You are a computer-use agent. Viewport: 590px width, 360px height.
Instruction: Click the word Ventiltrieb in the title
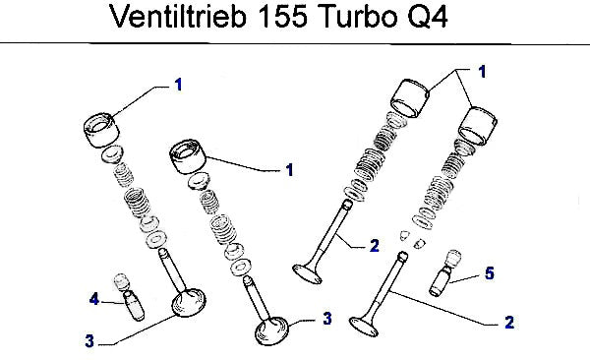[x=178, y=17]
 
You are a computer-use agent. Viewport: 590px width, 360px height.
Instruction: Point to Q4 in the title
[x=427, y=18]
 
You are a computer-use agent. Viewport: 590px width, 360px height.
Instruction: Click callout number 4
[x=94, y=299]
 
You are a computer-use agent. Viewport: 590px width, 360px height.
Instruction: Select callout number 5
[x=489, y=273]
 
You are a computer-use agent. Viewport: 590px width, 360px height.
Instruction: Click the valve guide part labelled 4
[x=130, y=297]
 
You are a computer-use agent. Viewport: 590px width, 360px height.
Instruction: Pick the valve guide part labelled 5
[x=445, y=272]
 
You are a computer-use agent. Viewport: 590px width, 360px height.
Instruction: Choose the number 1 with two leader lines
[x=483, y=72]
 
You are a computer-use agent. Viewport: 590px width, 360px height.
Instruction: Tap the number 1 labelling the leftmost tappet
[x=178, y=85]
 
